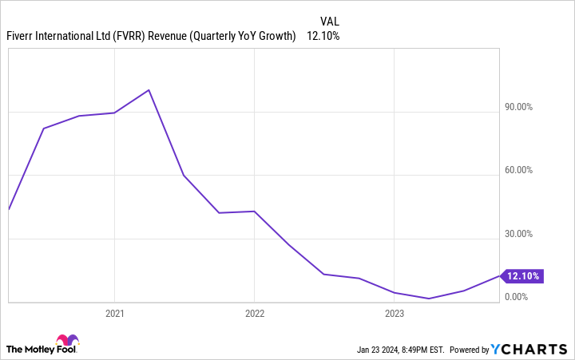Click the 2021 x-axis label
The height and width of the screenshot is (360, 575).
[x=114, y=314]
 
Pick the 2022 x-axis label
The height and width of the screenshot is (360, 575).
[x=253, y=314]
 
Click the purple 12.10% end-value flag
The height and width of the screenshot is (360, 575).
[x=521, y=276]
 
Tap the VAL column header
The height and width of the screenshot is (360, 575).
[x=330, y=21]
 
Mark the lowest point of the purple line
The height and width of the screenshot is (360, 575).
[x=430, y=299]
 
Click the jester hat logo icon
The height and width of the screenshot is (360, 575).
[x=68, y=342]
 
